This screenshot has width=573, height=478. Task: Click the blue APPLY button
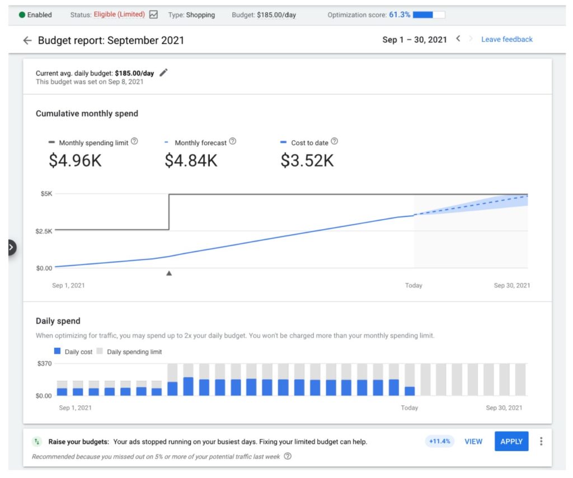(511, 441)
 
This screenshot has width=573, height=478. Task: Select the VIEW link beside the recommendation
(473, 441)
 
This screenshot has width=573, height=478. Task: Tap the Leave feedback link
(507, 39)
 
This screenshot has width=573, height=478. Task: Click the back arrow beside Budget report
(27, 40)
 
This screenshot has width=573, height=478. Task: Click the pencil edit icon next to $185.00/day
(163, 73)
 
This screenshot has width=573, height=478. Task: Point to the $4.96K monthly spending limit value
(75, 161)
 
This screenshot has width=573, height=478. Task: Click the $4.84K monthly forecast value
(191, 161)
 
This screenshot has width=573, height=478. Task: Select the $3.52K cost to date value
(307, 161)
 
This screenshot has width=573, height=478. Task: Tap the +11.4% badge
(439, 441)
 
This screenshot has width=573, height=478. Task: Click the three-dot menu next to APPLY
(541, 441)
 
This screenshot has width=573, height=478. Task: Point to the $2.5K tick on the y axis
(44, 231)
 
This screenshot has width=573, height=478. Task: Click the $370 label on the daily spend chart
(44, 363)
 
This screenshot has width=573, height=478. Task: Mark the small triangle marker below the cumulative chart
(169, 273)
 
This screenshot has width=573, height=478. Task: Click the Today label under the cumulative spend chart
(414, 285)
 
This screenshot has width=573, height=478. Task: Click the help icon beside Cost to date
(335, 142)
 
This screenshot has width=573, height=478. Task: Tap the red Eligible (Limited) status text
(119, 15)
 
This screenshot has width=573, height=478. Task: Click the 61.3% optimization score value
(400, 15)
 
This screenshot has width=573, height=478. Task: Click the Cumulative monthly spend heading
(87, 113)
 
